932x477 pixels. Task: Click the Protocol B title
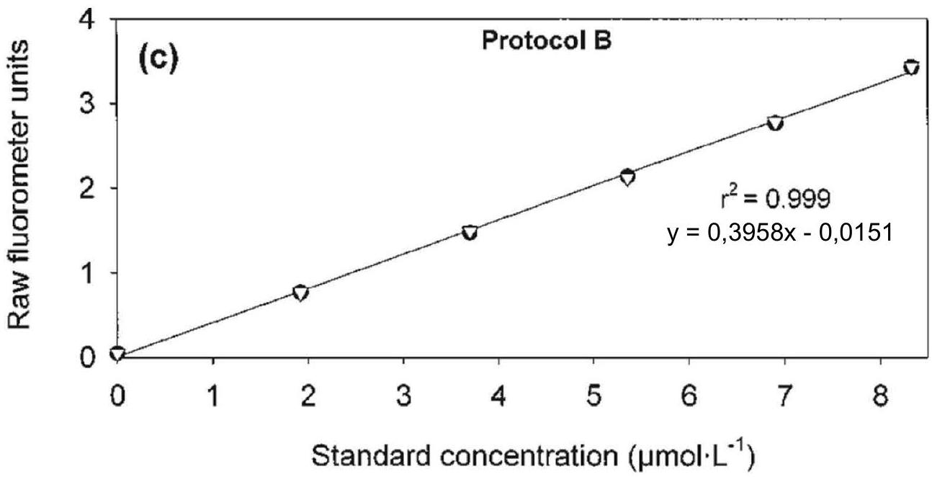(x=547, y=41)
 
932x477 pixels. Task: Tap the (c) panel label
(x=158, y=60)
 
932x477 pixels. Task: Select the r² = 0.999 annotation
(x=776, y=198)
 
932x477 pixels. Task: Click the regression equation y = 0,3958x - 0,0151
(x=780, y=233)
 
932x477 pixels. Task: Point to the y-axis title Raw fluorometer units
(x=19, y=184)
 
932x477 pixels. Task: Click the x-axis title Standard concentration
(x=533, y=457)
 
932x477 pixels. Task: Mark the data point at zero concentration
(x=117, y=353)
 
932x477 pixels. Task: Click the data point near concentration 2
(x=300, y=293)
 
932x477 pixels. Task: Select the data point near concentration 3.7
(x=470, y=232)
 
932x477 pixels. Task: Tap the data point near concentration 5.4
(x=627, y=177)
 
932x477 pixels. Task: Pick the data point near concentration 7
(x=775, y=122)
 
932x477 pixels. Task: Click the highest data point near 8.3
(x=912, y=67)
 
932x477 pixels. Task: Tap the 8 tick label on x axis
(x=880, y=395)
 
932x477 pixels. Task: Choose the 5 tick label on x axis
(x=593, y=395)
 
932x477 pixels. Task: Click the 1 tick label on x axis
(x=213, y=395)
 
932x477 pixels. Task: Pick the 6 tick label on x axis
(x=689, y=395)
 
